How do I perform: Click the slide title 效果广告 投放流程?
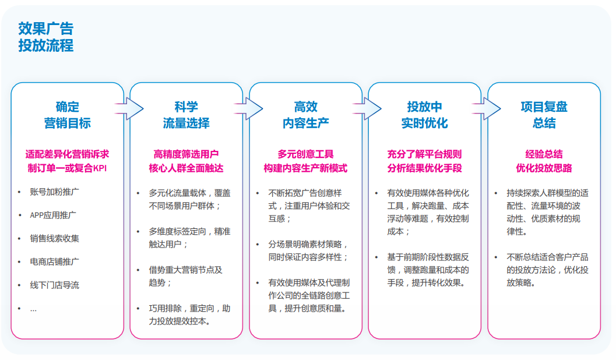point(45,37)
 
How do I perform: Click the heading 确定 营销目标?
point(67,115)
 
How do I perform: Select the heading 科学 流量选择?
point(186,115)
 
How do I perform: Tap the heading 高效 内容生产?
point(305,115)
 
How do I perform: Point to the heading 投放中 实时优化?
point(424,115)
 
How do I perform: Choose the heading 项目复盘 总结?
point(544,115)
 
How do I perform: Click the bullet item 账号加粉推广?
point(55,191)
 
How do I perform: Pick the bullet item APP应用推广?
point(53,215)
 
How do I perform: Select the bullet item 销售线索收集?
point(55,238)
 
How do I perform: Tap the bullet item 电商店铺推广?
point(55,262)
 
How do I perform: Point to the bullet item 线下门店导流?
point(55,285)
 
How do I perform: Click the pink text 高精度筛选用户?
point(186,154)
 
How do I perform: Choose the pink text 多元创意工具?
point(305,154)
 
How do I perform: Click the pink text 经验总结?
point(544,154)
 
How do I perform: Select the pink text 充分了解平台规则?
point(424,154)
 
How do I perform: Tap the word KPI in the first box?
point(100,169)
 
